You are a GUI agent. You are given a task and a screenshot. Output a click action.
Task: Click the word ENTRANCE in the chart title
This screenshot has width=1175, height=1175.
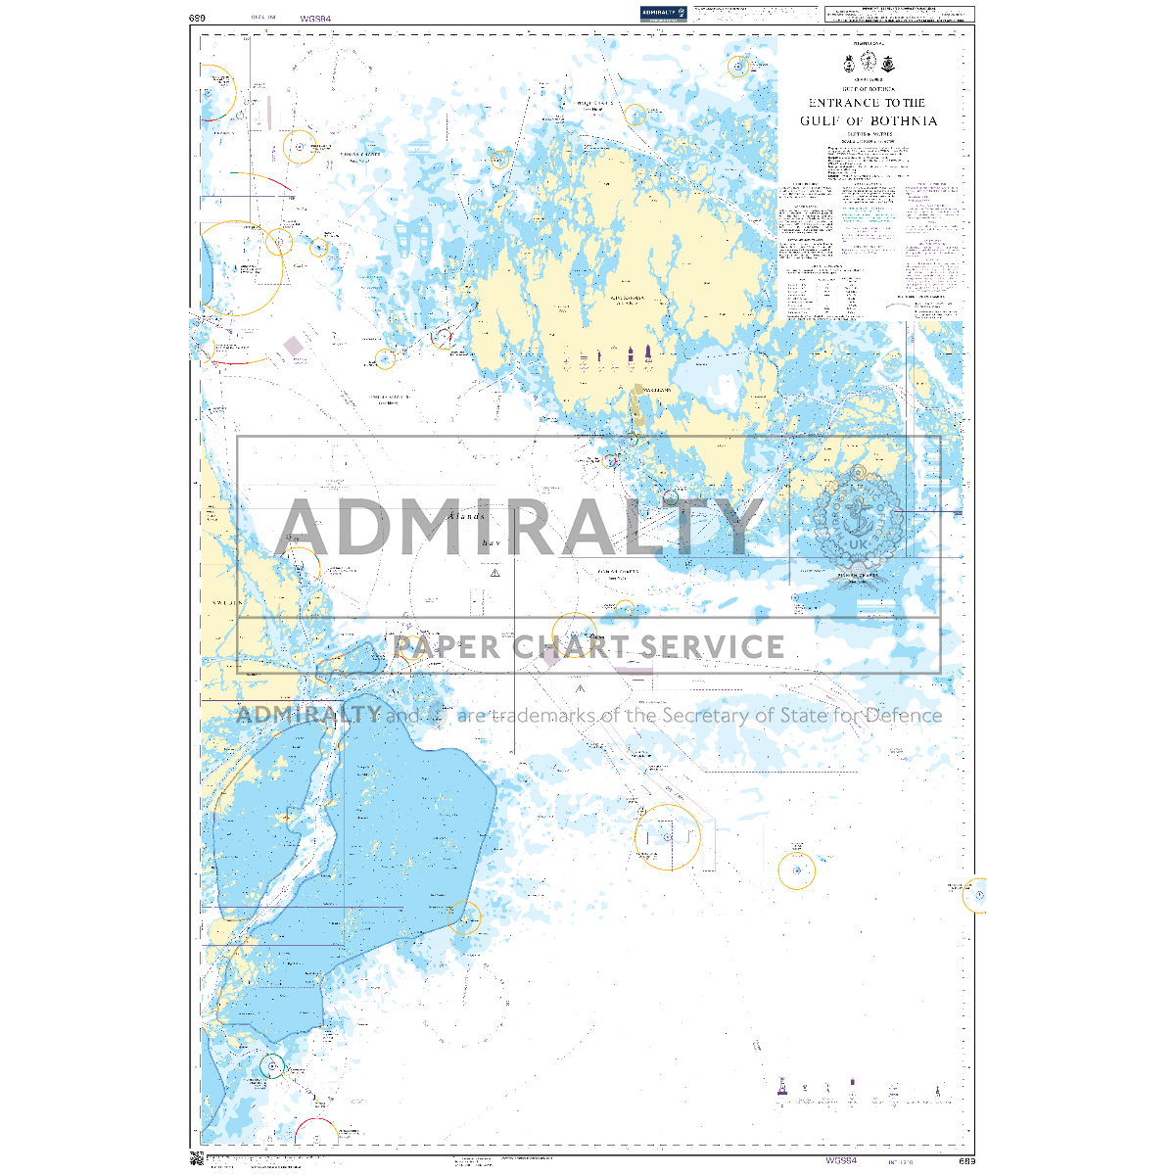coord(840,103)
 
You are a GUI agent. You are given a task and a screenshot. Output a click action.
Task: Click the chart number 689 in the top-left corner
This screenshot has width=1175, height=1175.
coord(198,18)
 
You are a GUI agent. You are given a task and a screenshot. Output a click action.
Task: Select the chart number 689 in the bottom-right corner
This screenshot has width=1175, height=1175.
coord(966,1161)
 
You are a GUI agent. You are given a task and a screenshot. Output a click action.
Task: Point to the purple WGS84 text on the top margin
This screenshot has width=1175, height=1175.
coord(316,18)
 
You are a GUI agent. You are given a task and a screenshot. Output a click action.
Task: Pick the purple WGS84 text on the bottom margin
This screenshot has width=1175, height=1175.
coord(841,1161)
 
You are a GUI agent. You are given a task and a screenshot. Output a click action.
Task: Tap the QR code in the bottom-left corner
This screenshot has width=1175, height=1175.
coord(196,1160)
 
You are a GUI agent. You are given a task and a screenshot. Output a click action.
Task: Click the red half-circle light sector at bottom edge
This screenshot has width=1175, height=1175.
coord(316,1133)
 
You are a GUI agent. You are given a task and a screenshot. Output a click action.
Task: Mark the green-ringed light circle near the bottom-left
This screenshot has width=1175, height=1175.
coord(272,1066)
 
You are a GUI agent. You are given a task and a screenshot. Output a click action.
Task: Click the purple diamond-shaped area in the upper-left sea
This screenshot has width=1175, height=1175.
coord(294,346)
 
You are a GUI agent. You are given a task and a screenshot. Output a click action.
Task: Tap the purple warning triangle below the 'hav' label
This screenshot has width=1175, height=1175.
coord(495,573)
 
